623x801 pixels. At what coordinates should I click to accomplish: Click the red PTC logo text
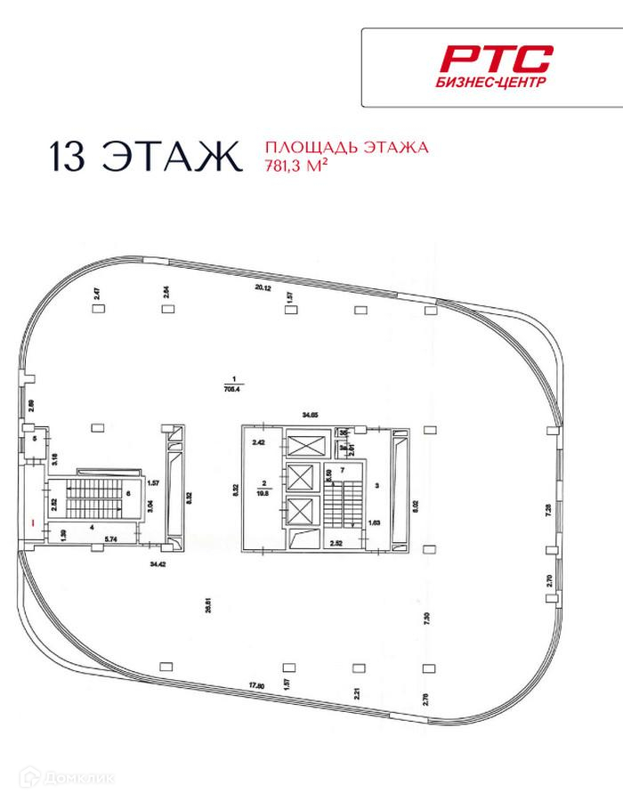[498, 60]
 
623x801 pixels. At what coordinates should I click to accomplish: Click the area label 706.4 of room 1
[235, 387]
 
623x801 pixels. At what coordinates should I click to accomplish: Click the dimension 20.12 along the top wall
[261, 287]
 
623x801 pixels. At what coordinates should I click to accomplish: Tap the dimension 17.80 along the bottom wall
[258, 684]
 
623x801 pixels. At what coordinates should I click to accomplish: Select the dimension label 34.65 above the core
[311, 415]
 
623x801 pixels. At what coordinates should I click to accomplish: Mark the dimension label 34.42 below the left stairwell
[158, 563]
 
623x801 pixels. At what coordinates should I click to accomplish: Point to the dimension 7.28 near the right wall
[549, 510]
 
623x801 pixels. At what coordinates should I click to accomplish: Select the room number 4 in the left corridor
[92, 526]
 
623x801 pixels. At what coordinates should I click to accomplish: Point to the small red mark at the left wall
[32, 522]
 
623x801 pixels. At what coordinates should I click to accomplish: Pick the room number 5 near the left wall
[35, 439]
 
